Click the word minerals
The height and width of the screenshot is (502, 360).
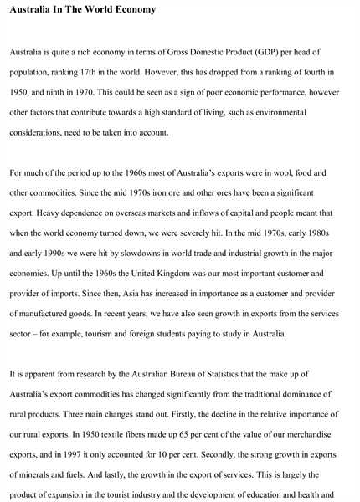(x=37, y=474)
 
